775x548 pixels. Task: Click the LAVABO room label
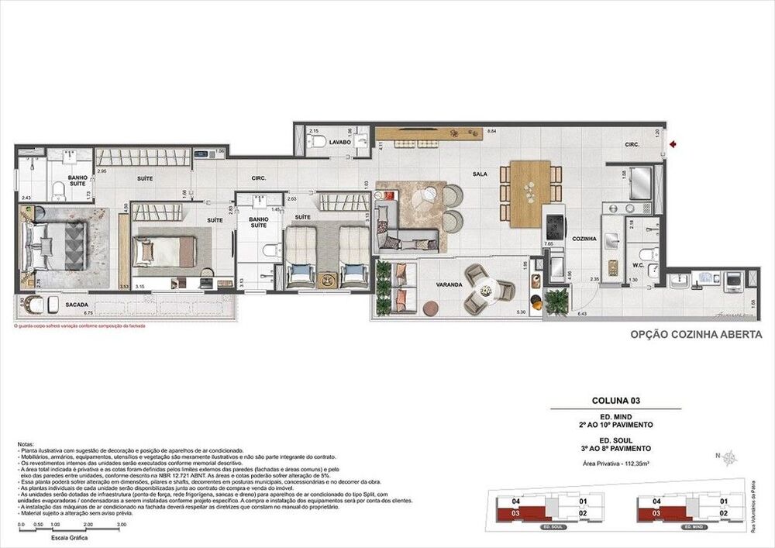click(339, 143)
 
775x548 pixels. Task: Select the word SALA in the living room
click(480, 175)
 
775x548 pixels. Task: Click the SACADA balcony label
click(76, 305)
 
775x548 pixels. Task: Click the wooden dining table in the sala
click(530, 193)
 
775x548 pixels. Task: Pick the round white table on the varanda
click(486, 291)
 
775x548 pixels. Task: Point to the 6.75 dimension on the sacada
click(88, 313)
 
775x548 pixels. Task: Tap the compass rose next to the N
click(729, 457)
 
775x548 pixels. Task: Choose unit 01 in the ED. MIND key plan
click(722, 501)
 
